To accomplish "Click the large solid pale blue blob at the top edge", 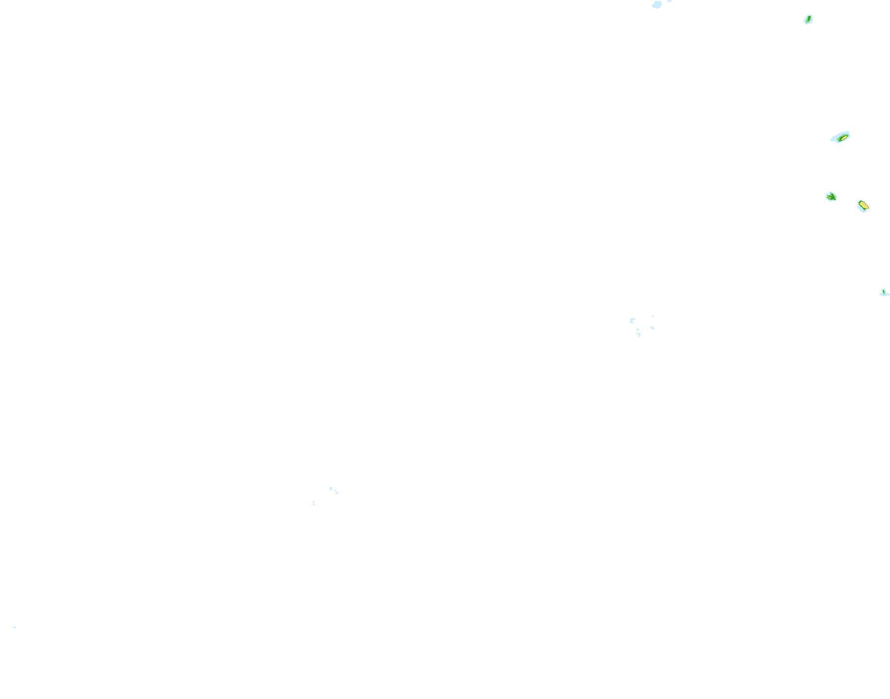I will pos(657,4).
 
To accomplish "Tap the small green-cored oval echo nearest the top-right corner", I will pos(808,20).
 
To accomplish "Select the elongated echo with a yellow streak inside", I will pos(840,137).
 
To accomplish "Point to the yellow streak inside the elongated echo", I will pos(843,137).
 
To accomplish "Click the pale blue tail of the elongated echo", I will pos(834,139).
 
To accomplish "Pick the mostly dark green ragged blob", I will pos(831,197).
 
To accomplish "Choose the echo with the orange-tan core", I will pos(863,206).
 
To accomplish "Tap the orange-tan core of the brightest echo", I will pos(863,205).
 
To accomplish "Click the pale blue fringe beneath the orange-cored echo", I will pos(862,210).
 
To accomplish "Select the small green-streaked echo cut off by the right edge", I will pos(884,293).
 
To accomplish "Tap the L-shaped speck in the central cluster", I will pos(652,327).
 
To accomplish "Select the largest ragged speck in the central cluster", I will pos(632,320).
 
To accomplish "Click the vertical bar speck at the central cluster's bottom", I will pos(639,335).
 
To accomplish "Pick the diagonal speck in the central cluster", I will pos(637,329).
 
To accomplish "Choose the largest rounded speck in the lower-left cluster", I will pos(331,488).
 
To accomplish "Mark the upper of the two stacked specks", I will pos(313,502).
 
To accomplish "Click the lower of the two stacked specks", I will pos(313,504).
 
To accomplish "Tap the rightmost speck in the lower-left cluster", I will pos(337,492).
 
